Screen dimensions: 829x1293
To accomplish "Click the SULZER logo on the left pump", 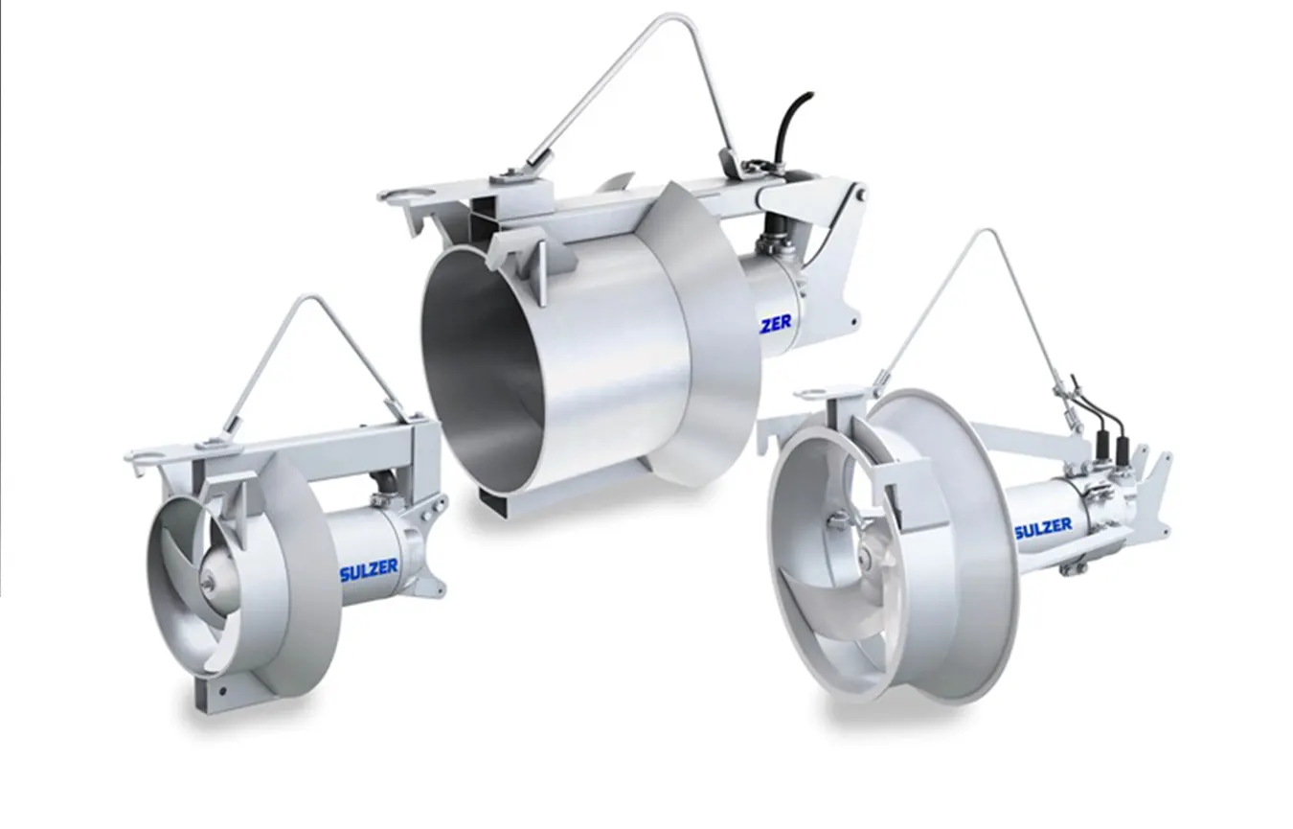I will coord(368,567).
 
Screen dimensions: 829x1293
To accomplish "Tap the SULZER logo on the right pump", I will coord(1043,527).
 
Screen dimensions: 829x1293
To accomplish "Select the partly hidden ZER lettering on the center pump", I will coord(776,324).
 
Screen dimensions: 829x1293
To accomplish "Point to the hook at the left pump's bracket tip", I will coord(132,458).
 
